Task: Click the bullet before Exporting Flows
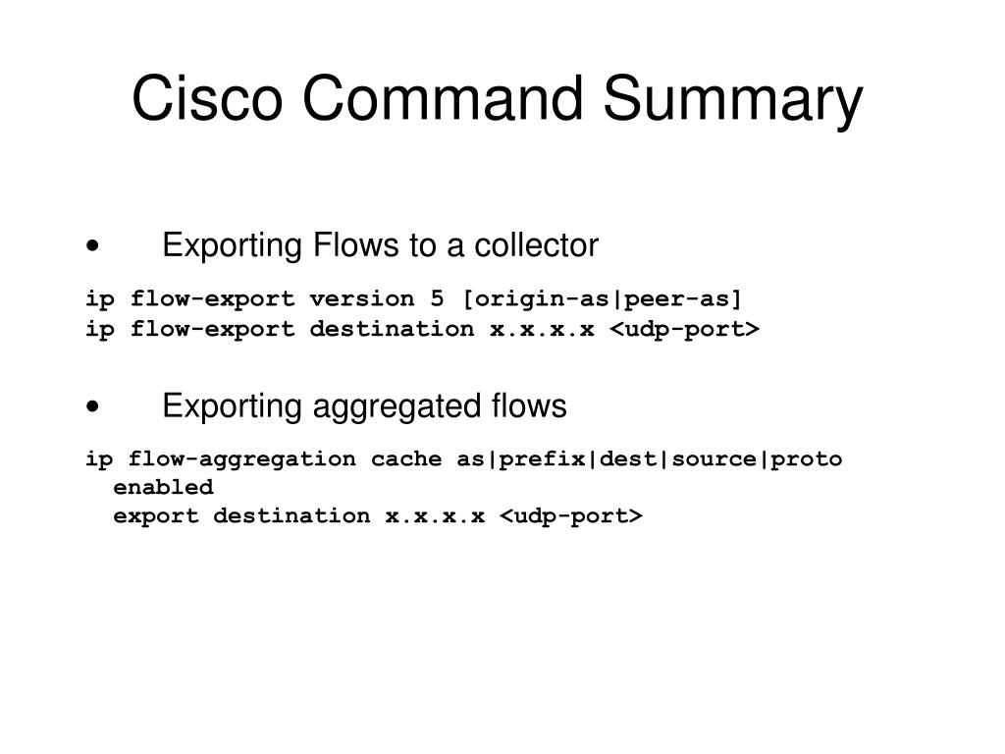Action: (91, 246)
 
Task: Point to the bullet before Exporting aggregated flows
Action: (91, 406)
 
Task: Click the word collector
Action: (536, 245)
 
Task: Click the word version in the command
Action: (354, 298)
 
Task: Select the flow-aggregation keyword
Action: (242, 458)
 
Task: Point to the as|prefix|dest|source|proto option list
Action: (649, 458)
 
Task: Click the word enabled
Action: (163, 487)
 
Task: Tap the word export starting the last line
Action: (156, 515)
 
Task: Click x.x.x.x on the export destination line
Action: (435, 515)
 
